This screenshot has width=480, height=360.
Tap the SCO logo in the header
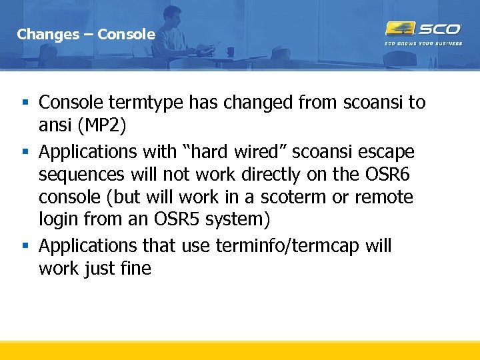pos(423,29)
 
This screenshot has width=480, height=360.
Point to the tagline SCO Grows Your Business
pos(423,44)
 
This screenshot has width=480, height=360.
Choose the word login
pos(58,220)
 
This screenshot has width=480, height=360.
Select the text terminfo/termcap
pos(297,246)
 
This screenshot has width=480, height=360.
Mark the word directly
pos(257,175)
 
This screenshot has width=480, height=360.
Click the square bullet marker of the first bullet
pos(25,103)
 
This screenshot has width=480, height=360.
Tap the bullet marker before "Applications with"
pos(25,153)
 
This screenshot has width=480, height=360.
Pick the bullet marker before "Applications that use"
pos(25,247)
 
